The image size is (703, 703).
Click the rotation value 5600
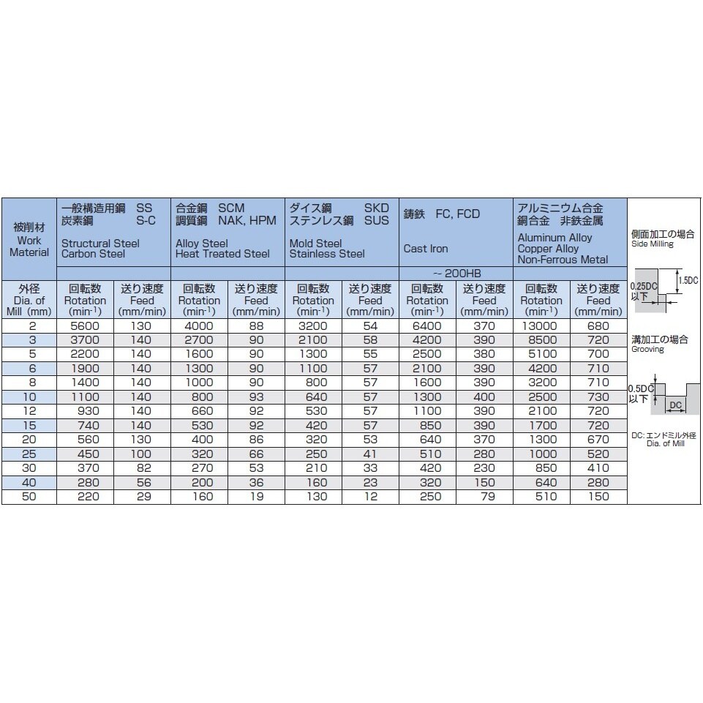pos(85,326)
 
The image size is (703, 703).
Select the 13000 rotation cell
pos(541,326)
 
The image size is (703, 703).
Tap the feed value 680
pos(598,326)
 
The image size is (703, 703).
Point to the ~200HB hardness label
pos(456,272)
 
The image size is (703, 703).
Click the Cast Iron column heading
pos(426,248)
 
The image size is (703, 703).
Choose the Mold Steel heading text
pos(315,243)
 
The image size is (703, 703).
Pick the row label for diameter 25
pos(29,454)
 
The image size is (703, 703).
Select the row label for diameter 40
pos(29,482)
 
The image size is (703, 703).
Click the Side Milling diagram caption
pos(652,244)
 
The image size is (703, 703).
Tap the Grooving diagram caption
pos(648,349)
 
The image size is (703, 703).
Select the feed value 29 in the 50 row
pos(142,497)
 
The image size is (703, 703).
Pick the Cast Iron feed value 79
pos(484,497)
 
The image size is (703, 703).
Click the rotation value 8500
pos(541,340)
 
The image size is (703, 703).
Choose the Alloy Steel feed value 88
pos(256,326)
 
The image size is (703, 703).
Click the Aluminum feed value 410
pos(598,468)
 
